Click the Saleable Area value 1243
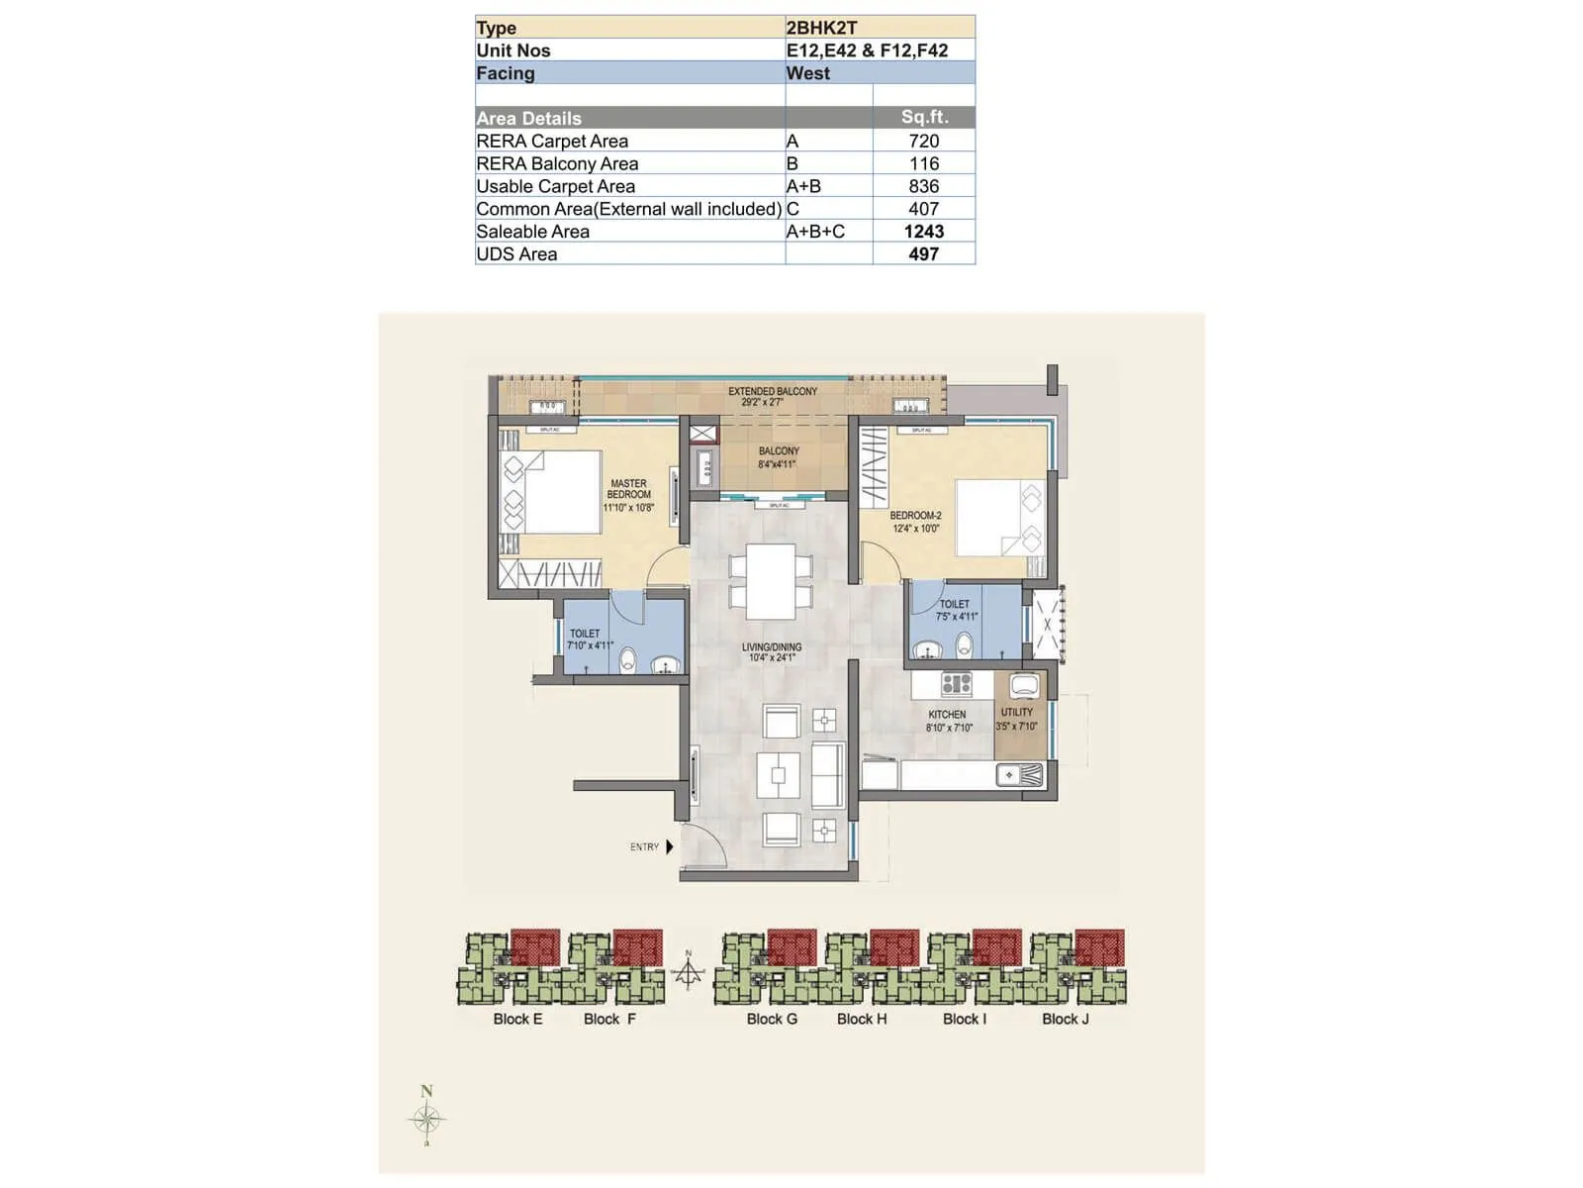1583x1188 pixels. [923, 232]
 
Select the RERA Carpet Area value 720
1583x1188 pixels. [923, 142]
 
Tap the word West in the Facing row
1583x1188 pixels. [807, 73]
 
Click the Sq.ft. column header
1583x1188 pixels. [924, 117]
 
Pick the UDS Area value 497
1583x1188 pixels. [923, 254]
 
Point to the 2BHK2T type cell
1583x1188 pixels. [821, 28]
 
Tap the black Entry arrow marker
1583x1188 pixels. [670, 846]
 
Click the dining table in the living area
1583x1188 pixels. [771, 581]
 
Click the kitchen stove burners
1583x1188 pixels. [956, 683]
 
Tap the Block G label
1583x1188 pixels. [771, 1019]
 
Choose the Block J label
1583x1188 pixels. [1065, 1019]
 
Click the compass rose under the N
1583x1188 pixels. [426, 1120]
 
